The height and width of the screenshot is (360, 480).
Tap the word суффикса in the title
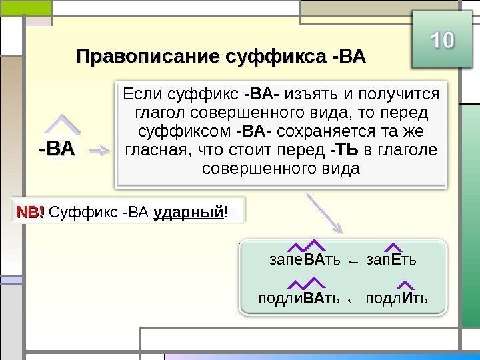[x=274, y=55]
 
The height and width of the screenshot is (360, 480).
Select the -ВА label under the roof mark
[x=57, y=149]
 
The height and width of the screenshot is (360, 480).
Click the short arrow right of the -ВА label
[x=100, y=151]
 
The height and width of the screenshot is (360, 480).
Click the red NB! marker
[x=31, y=213]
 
